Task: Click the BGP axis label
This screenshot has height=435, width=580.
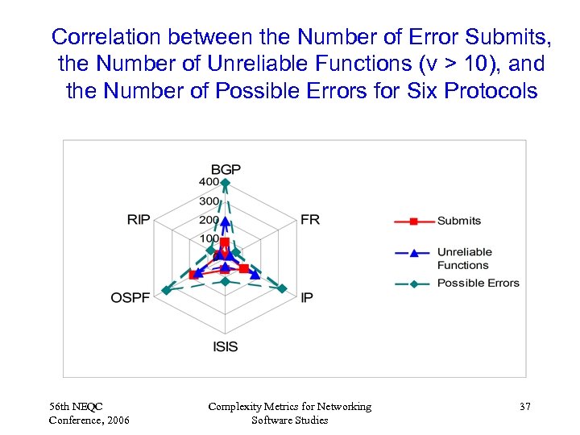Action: (x=226, y=169)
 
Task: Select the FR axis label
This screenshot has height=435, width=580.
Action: (x=310, y=220)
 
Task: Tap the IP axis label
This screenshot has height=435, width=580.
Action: (x=307, y=297)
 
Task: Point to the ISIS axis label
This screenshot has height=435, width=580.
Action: (x=226, y=346)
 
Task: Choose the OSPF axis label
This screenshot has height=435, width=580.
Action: (x=130, y=297)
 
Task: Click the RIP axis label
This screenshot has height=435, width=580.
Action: (x=139, y=220)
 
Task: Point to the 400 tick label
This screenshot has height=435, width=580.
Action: (x=209, y=182)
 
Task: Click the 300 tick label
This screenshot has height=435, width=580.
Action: (x=209, y=201)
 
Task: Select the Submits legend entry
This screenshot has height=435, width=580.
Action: (x=458, y=221)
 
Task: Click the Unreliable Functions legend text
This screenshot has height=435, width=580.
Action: (x=464, y=258)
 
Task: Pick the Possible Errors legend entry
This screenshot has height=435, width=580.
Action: (x=478, y=283)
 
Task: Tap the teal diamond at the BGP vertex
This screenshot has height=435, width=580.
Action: (x=226, y=183)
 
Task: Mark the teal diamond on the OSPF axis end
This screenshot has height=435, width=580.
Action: (x=166, y=290)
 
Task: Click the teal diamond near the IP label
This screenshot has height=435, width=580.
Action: (x=283, y=288)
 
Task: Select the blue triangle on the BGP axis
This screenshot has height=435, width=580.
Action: (x=226, y=221)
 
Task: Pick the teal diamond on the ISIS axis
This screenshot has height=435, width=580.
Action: (x=226, y=281)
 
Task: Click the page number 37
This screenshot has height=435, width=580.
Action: (x=524, y=407)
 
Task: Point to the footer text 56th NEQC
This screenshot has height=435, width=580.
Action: (x=76, y=407)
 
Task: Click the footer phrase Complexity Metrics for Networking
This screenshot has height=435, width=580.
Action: (x=290, y=407)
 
